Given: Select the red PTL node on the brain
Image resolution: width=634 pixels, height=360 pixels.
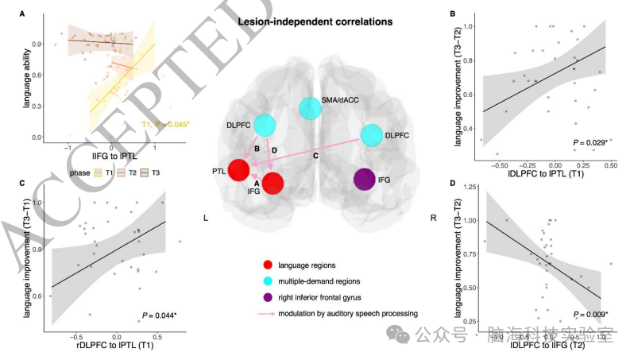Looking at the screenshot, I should point(239,169).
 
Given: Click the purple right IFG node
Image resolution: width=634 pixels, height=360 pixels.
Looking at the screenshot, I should point(365,181).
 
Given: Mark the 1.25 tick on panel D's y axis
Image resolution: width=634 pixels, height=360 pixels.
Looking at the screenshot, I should point(469,187).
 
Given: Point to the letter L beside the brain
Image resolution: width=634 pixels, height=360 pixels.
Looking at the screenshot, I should point(207,216).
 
